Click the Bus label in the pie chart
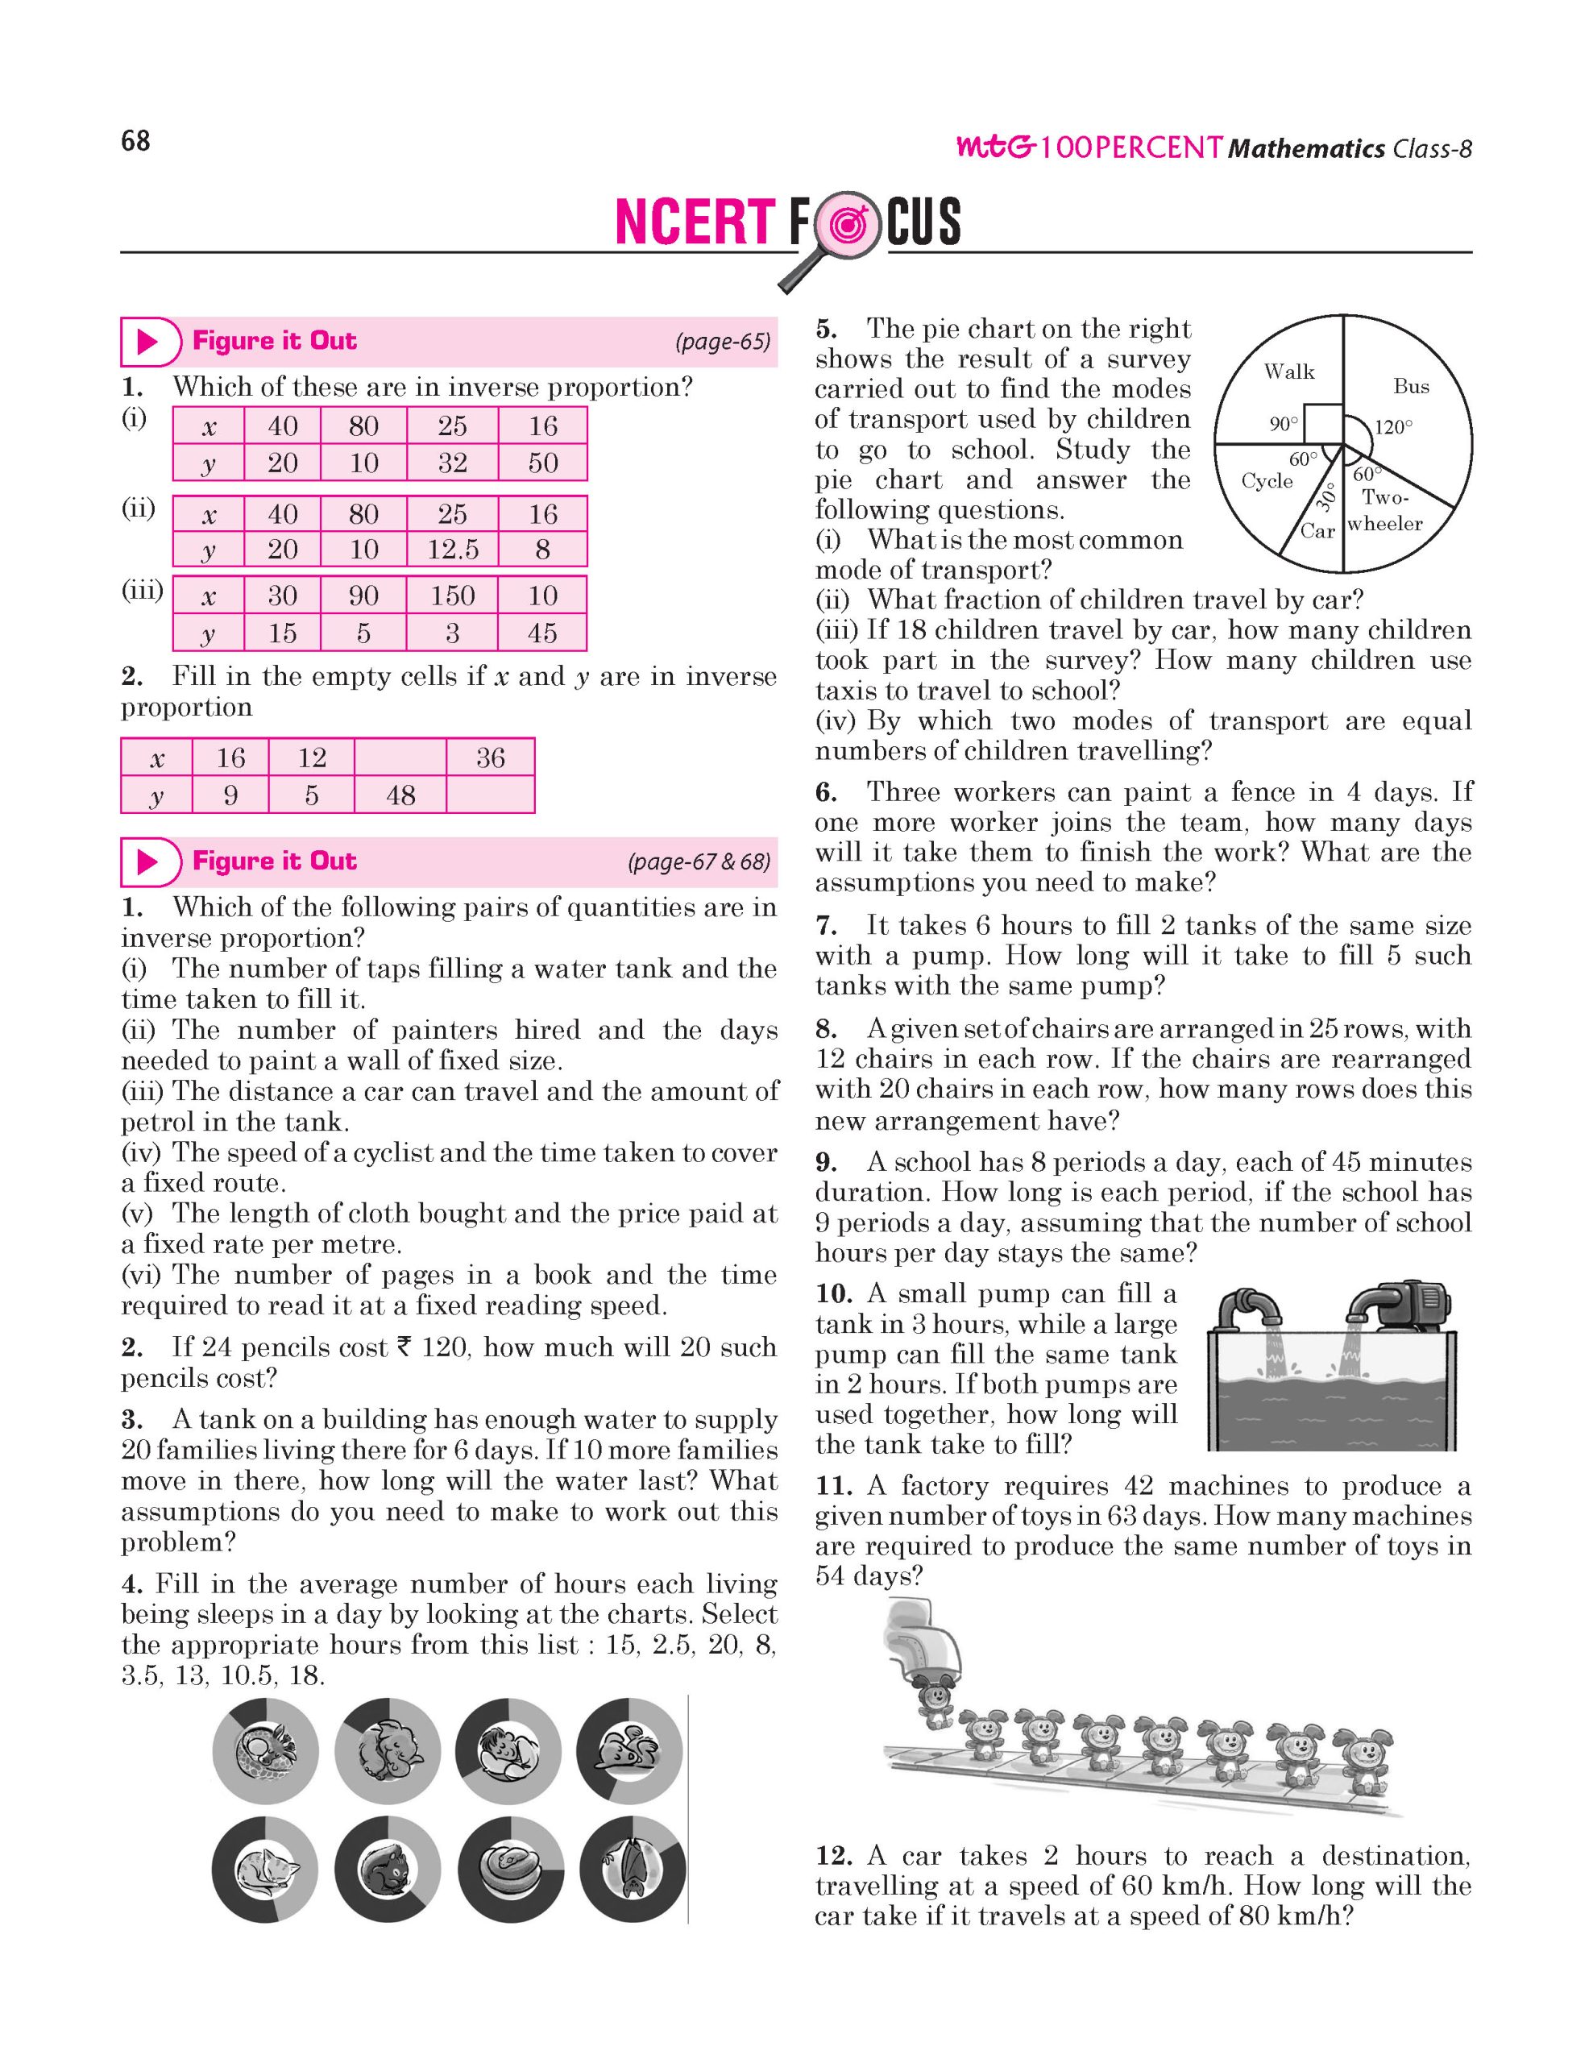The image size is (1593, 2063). [1411, 386]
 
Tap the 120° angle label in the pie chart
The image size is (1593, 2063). [1393, 427]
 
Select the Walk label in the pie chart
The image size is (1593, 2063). [1289, 372]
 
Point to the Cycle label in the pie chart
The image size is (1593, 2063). [1267, 481]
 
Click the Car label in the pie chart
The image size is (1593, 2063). [1317, 531]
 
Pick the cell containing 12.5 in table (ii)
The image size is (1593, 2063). [452, 549]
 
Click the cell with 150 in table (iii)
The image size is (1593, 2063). [452, 595]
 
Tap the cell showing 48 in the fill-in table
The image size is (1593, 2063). [400, 795]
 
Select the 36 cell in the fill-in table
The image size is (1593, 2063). [490, 758]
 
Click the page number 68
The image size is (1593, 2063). [136, 142]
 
